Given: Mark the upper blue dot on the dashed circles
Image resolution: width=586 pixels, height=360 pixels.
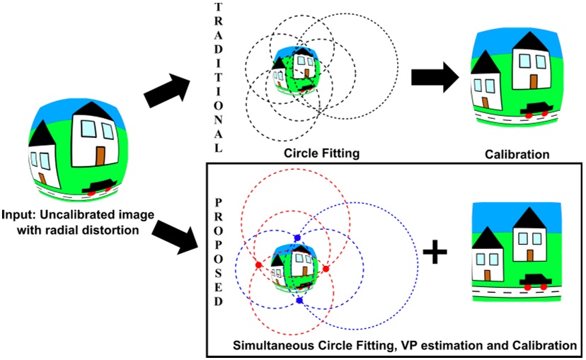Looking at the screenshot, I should tap(297, 238).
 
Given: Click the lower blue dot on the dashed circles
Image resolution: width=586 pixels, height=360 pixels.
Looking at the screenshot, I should tap(299, 301).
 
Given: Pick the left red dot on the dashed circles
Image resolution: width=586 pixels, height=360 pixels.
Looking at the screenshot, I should tap(258, 265).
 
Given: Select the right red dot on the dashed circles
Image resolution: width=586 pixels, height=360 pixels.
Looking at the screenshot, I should tap(326, 269).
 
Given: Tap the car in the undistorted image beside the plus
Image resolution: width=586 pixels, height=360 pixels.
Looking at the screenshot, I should tap(535, 281).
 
